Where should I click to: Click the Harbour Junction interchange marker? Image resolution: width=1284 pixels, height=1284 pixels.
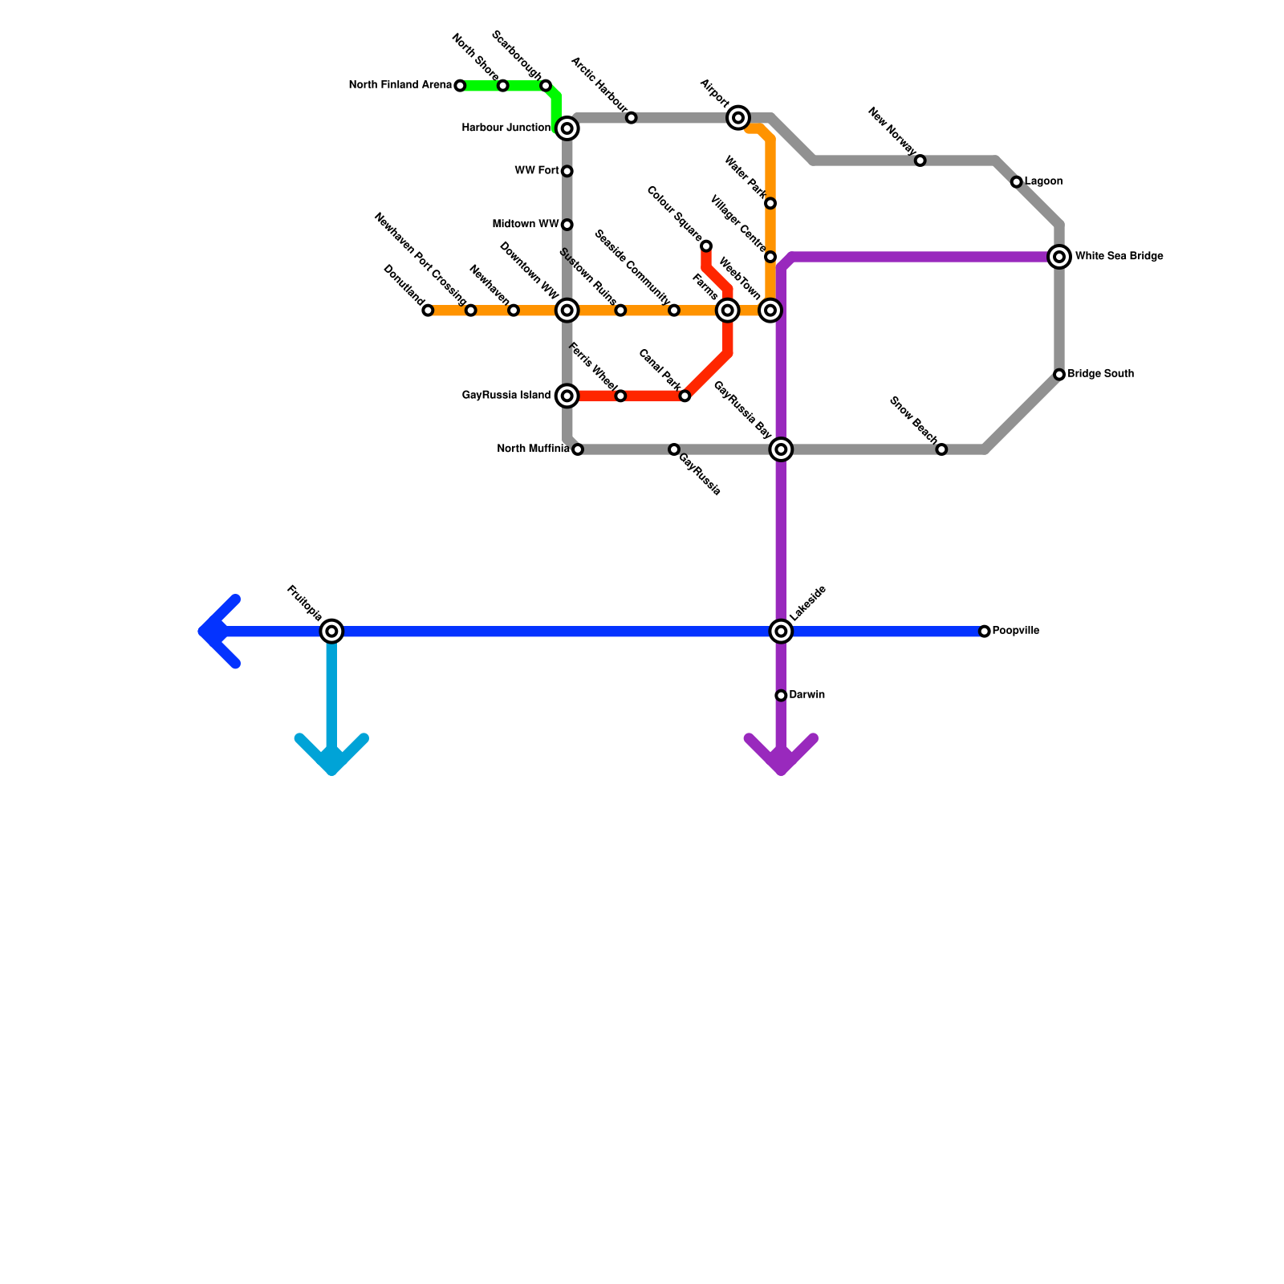(x=567, y=128)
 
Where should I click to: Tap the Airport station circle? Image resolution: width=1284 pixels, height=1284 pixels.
(x=738, y=118)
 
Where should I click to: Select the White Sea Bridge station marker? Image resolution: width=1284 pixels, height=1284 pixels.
(x=1059, y=257)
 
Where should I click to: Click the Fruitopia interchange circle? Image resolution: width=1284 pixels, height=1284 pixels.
(x=331, y=632)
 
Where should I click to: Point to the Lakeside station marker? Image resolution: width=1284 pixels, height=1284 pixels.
(x=781, y=632)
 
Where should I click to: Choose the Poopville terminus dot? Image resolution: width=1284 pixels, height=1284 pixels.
(x=985, y=632)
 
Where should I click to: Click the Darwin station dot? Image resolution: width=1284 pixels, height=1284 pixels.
(x=781, y=695)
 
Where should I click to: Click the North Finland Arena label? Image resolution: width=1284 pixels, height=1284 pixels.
(x=400, y=85)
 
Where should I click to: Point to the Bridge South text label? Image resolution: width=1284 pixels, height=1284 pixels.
(x=1100, y=374)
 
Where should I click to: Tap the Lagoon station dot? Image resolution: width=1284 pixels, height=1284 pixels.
(x=1017, y=182)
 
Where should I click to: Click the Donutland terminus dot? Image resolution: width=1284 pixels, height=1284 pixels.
(x=428, y=311)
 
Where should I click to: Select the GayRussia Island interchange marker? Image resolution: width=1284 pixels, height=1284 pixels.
(x=567, y=396)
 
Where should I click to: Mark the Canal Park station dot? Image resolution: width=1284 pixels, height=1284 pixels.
(x=685, y=396)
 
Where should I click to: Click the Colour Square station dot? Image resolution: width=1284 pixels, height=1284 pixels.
(x=706, y=246)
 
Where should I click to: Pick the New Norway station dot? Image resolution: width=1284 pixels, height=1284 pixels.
(x=920, y=160)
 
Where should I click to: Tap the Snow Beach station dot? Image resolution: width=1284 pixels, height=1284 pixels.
(x=941, y=449)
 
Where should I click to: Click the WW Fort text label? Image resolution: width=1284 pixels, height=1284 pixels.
(x=537, y=171)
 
